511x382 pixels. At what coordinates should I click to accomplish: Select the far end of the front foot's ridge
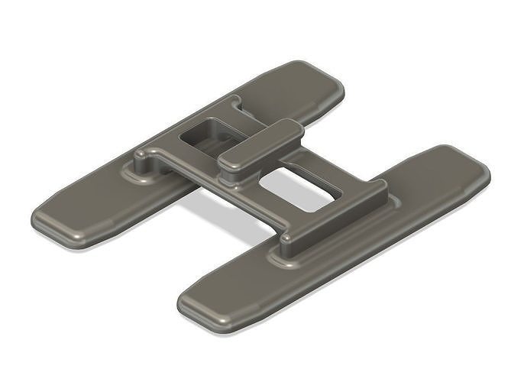tap(378, 186)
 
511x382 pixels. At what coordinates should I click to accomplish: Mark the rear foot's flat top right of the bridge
tap(290, 88)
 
